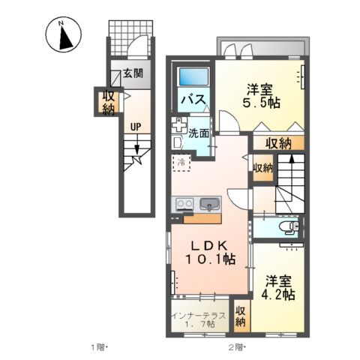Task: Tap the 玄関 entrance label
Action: [x=133, y=75]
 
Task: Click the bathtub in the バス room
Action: [x=195, y=77]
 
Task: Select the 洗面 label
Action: [x=198, y=133]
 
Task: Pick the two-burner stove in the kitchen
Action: [x=184, y=202]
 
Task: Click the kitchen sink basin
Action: [x=208, y=202]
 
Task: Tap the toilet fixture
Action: [x=288, y=226]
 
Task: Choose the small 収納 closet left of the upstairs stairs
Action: [x=262, y=168]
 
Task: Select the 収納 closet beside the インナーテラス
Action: [x=241, y=315]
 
